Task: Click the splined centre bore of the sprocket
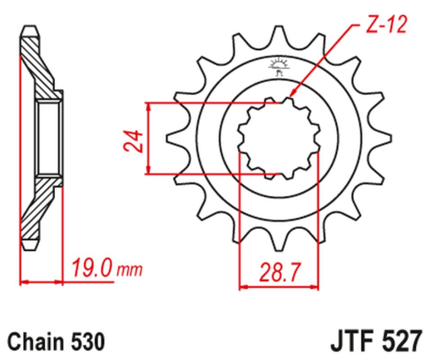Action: coord(275,138)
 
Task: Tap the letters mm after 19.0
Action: coord(131,269)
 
